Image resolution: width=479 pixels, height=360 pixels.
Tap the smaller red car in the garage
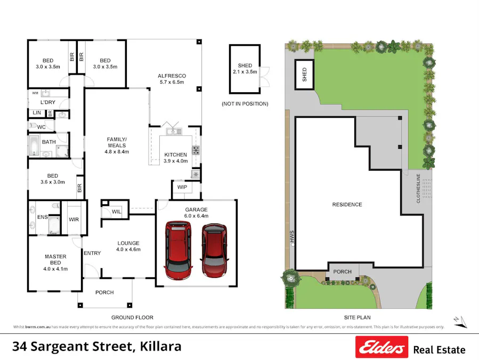click(x=214, y=249)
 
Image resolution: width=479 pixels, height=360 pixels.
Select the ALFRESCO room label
click(x=171, y=76)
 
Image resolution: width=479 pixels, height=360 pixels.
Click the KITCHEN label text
click(x=175, y=155)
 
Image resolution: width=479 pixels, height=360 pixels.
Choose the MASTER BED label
click(x=55, y=260)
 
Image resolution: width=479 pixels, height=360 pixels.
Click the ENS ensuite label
click(x=42, y=218)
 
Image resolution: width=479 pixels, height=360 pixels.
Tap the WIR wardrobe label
click(x=74, y=219)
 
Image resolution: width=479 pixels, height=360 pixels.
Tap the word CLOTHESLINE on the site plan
click(x=418, y=188)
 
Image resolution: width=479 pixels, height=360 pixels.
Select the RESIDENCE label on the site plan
click(x=347, y=205)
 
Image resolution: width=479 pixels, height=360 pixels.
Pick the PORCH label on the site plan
click(x=342, y=271)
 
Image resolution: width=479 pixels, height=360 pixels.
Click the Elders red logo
click(x=381, y=347)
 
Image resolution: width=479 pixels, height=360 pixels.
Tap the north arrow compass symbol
click(x=460, y=321)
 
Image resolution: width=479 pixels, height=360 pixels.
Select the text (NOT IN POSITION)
click(x=245, y=103)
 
